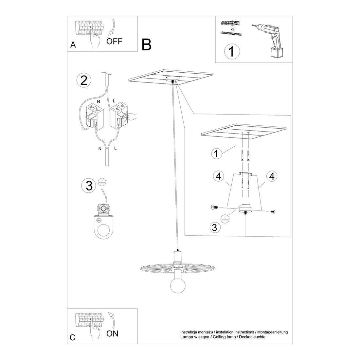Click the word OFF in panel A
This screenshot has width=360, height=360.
(115, 42)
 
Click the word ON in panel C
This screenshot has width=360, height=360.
(113, 333)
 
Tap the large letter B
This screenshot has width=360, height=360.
(147, 45)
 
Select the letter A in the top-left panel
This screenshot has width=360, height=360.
(73, 45)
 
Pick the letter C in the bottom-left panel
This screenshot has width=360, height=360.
(73, 337)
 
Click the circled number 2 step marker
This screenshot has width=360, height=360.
(84, 80)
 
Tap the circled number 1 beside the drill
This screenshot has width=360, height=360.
(232, 51)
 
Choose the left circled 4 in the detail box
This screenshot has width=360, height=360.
(219, 176)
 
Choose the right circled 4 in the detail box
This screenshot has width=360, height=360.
(271, 176)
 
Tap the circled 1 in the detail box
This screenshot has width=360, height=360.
(216, 153)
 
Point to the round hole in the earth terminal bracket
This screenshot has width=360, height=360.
(104, 229)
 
